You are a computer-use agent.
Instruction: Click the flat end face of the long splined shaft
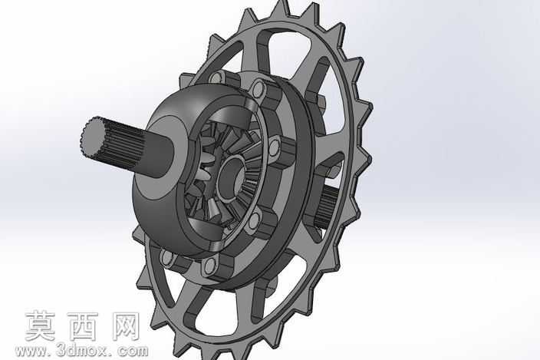(94, 136)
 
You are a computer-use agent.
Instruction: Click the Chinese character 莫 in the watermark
(41, 326)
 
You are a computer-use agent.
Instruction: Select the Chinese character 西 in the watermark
(83, 326)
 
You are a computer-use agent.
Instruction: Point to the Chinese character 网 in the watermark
(125, 326)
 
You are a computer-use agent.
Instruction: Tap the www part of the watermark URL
(30, 352)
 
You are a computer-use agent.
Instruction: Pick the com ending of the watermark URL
(133, 352)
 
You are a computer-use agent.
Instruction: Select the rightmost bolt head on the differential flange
(274, 147)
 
